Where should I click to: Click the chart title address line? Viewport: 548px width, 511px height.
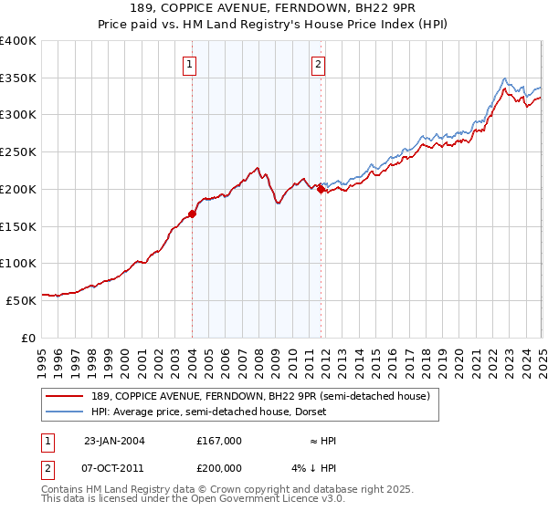tap(273, 9)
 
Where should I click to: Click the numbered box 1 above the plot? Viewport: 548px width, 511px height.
tap(188, 64)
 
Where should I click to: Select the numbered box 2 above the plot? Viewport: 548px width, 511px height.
tap(318, 64)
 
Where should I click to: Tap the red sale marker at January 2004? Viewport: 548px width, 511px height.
tap(192, 214)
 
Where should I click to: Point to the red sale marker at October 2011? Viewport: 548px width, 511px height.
tap(321, 190)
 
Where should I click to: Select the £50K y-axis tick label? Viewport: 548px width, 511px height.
tap(22, 299)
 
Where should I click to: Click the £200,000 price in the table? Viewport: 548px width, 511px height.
tap(219, 469)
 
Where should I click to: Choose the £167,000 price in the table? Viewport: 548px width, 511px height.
tap(219, 440)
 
